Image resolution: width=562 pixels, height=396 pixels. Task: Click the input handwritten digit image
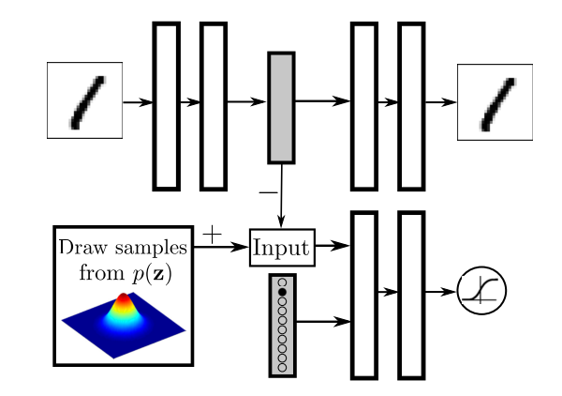[x=84, y=100]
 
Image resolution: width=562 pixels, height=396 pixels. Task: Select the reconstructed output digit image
[x=495, y=102]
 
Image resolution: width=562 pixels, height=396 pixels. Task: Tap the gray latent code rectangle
[x=281, y=108]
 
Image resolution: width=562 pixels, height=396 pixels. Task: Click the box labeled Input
[x=283, y=248]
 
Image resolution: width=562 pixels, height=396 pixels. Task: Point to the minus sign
[x=268, y=192]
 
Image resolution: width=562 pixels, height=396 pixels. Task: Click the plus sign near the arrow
[x=213, y=235]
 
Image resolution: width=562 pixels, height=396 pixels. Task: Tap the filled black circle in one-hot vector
[x=283, y=292]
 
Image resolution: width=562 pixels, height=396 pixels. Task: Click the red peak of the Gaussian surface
[x=124, y=298]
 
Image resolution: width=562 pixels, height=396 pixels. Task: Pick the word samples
[x=151, y=248]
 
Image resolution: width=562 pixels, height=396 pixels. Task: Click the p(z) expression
[x=152, y=274]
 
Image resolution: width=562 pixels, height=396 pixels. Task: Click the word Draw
[x=83, y=247]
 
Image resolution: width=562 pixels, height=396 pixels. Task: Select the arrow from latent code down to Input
[x=282, y=196]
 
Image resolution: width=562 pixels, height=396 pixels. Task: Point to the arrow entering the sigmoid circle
[x=441, y=292]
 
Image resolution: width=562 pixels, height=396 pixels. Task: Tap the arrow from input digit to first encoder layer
[x=138, y=102]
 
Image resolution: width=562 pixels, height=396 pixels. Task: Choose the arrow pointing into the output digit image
[x=441, y=102]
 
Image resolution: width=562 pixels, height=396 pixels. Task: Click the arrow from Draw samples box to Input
[x=221, y=247]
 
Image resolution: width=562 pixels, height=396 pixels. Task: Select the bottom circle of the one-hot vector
[x=283, y=368]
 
